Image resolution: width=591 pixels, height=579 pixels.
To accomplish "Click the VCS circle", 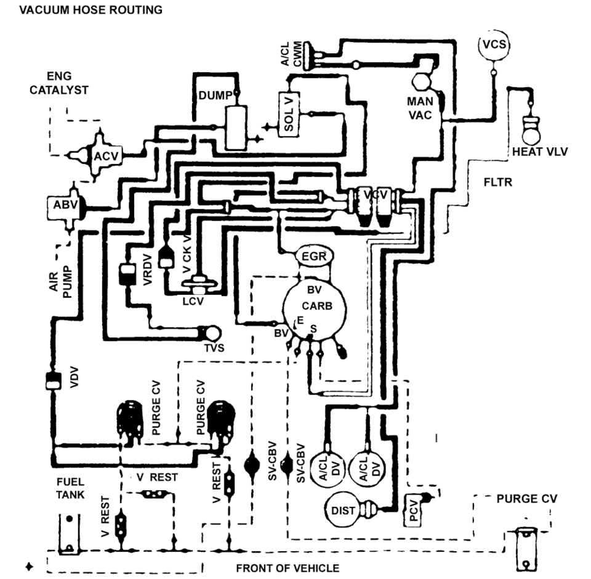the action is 494,45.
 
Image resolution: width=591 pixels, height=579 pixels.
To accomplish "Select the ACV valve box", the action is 107,155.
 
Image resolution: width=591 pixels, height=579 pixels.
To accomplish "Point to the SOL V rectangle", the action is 289,113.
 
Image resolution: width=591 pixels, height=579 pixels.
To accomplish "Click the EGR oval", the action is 313,257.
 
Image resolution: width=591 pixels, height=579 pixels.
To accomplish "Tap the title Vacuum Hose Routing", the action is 91,10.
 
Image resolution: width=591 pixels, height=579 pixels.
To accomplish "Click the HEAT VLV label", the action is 539,152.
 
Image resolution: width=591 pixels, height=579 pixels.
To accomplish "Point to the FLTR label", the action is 498,183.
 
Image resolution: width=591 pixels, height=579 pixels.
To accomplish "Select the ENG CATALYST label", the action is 59,83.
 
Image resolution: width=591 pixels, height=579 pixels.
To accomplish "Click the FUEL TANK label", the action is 70,488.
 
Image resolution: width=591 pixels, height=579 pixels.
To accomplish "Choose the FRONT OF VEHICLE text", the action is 287,568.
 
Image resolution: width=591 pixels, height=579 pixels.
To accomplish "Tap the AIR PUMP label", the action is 60,282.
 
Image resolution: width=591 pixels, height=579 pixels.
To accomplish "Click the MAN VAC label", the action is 420,108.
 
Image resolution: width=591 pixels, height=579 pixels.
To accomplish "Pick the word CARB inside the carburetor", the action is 317,305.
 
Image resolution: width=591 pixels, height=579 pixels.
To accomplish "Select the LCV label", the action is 193,301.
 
